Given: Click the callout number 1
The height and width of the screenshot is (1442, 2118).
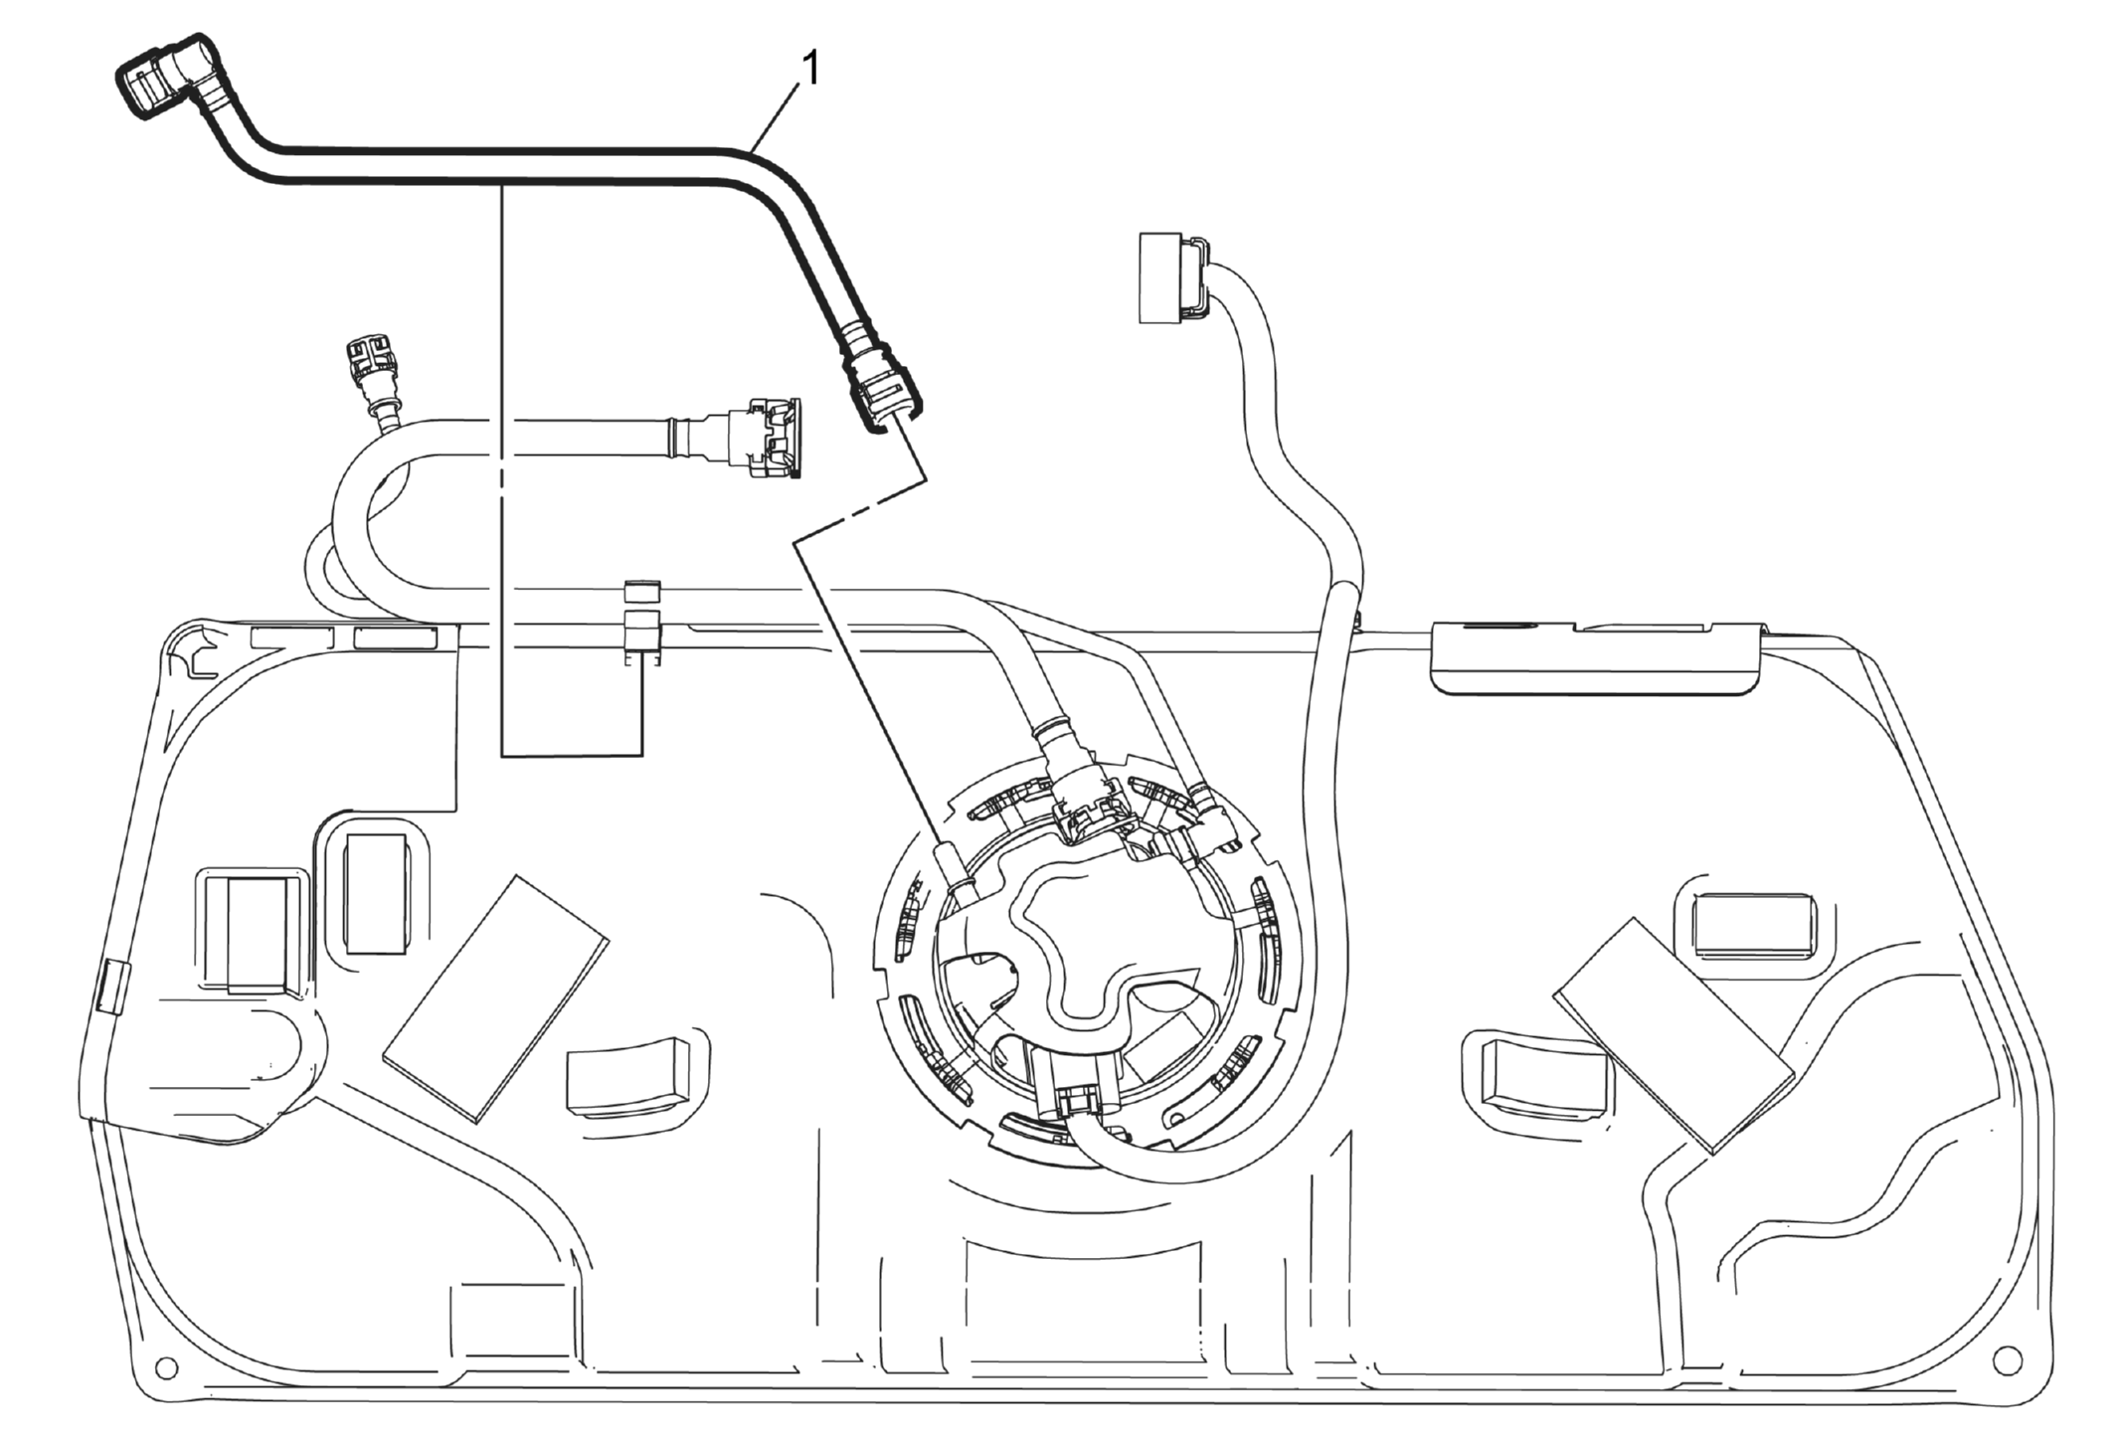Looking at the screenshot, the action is [811, 70].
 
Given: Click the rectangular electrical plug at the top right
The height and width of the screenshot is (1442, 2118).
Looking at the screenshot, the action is [1173, 278].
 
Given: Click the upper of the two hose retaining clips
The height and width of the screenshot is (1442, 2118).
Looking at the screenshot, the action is [642, 590].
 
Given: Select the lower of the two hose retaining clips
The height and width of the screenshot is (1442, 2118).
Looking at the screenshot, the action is [642, 636].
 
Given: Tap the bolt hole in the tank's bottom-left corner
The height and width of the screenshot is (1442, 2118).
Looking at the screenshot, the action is [167, 1369].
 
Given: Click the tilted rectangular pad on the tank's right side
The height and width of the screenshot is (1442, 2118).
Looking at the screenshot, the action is [1674, 1035].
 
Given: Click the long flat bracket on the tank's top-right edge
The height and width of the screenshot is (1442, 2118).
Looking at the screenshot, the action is [1597, 657].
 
